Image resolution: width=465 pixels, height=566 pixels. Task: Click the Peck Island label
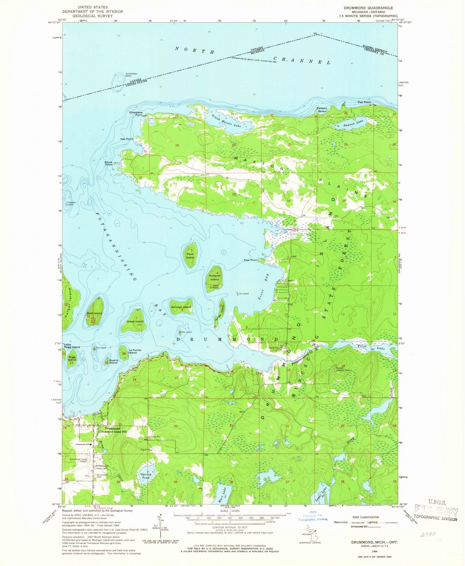(190, 256)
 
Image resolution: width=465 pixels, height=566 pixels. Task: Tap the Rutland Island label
(214, 277)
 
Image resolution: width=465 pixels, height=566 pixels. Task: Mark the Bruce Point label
(108, 163)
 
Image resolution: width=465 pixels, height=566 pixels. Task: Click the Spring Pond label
(146, 476)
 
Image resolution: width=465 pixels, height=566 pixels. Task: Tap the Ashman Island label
(181, 307)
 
